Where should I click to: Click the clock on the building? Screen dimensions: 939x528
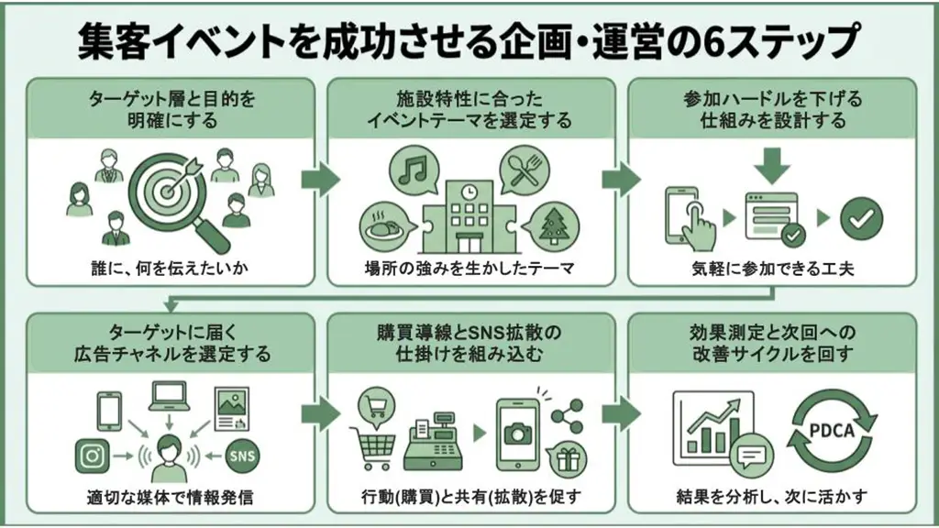470,192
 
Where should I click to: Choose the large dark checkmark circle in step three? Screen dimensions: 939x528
861,218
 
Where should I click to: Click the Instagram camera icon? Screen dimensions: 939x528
93,456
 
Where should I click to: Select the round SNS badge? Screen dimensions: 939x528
242,456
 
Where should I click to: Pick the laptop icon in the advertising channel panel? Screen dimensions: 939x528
169,396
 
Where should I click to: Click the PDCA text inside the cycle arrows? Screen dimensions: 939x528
832,430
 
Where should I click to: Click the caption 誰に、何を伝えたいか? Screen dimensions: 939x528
170,269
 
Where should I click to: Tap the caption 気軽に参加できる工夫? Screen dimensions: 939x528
772,269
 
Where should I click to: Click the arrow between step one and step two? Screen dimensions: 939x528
320,179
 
